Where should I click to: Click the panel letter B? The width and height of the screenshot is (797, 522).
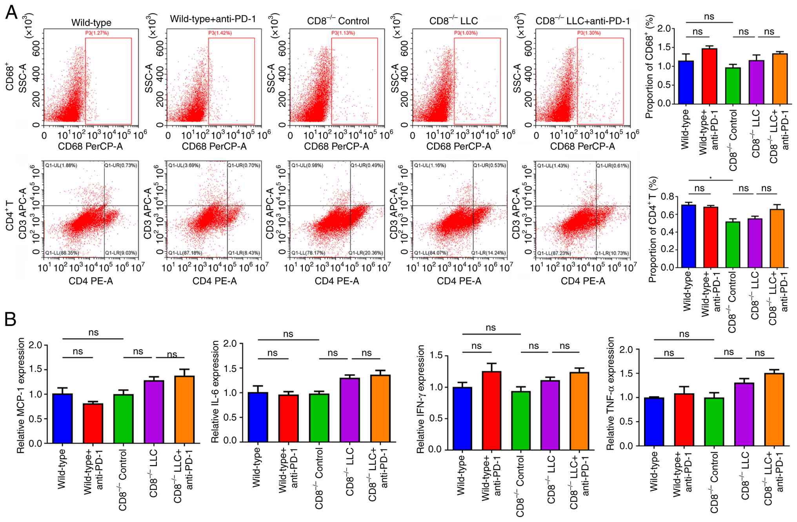10,319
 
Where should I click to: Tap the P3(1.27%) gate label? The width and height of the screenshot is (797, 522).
97,33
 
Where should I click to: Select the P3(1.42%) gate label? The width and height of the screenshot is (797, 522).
220,33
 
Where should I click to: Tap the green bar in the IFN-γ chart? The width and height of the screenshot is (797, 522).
521,420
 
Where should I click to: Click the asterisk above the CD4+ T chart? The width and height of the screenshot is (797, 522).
710,178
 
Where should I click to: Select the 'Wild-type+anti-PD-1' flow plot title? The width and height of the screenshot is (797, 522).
213,19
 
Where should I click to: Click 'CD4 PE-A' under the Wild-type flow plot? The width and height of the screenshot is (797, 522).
91,281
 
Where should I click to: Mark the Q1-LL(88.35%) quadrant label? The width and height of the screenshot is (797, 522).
62,253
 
